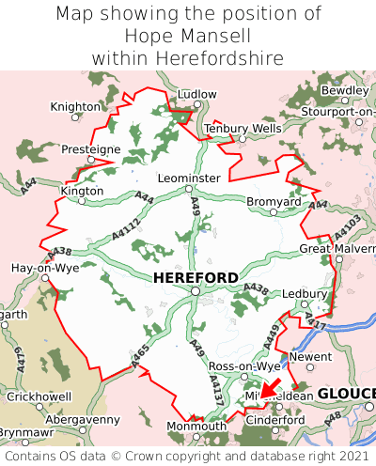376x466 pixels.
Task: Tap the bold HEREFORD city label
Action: point(196,277)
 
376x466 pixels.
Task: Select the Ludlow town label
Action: point(196,95)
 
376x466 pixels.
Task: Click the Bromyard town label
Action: point(274,201)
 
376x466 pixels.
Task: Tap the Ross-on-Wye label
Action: point(244,365)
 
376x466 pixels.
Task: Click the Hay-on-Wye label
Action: point(44,268)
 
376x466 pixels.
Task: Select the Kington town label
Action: point(81,190)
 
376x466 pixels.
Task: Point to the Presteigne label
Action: point(90,149)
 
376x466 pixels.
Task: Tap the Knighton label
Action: point(75,107)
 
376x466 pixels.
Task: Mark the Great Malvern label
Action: point(337,248)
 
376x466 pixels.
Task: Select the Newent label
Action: point(310,357)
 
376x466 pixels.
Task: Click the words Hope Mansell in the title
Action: point(187,36)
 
